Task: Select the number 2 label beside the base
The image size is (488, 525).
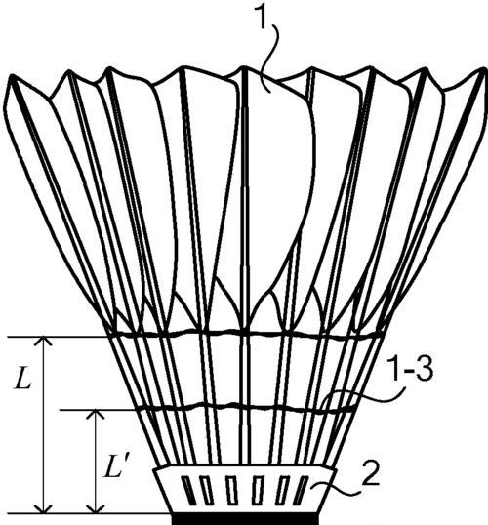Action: pyautogui.click(x=370, y=474)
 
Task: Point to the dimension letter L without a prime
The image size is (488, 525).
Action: pyautogui.click(x=22, y=378)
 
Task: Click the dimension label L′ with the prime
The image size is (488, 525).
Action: pyautogui.click(x=113, y=466)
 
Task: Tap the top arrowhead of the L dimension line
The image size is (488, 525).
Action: pyautogui.click(x=44, y=341)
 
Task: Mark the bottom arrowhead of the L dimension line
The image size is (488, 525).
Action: pyautogui.click(x=44, y=508)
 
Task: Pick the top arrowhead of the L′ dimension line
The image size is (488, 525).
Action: pyautogui.click(x=96, y=414)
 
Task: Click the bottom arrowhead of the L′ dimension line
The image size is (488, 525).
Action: pyautogui.click(x=96, y=508)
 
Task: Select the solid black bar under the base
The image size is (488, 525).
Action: pyautogui.click(x=245, y=518)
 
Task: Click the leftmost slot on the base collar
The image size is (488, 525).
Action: pyautogui.click(x=189, y=491)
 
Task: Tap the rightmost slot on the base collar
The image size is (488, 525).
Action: pyautogui.click(x=300, y=491)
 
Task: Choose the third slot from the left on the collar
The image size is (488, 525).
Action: pyautogui.click(x=231, y=491)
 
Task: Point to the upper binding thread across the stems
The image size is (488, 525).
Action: pyautogui.click(x=245, y=333)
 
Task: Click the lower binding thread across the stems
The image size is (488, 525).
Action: pyautogui.click(x=246, y=408)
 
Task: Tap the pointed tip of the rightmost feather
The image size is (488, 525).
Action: pyautogui.click(x=484, y=69)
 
